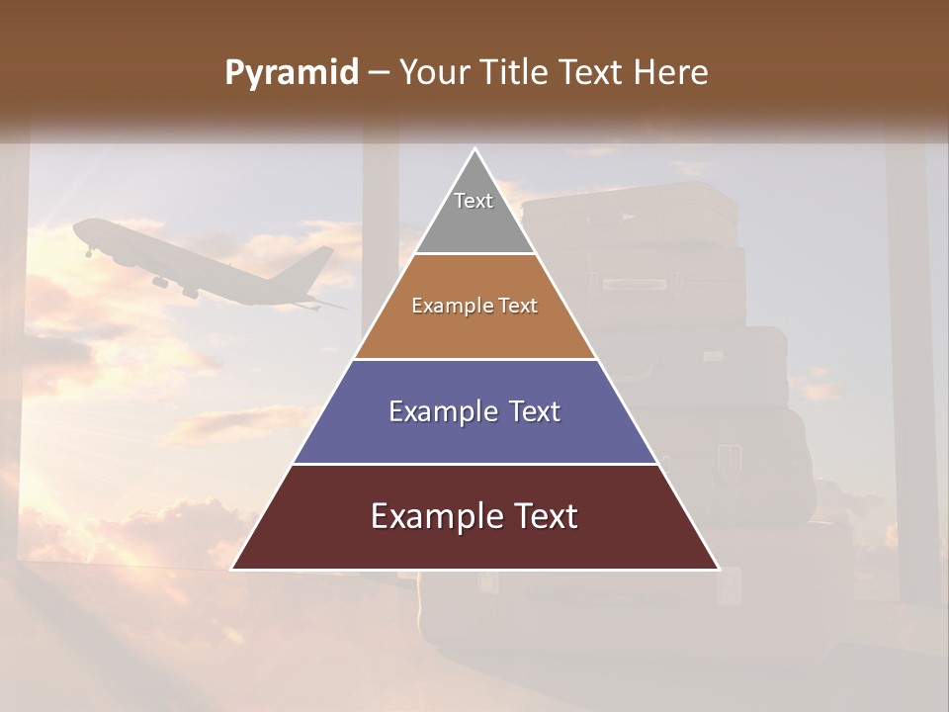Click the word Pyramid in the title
[292, 73]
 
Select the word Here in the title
[670, 73]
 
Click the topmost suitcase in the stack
[629, 213]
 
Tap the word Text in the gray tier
[473, 201]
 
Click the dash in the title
[379, 73]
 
